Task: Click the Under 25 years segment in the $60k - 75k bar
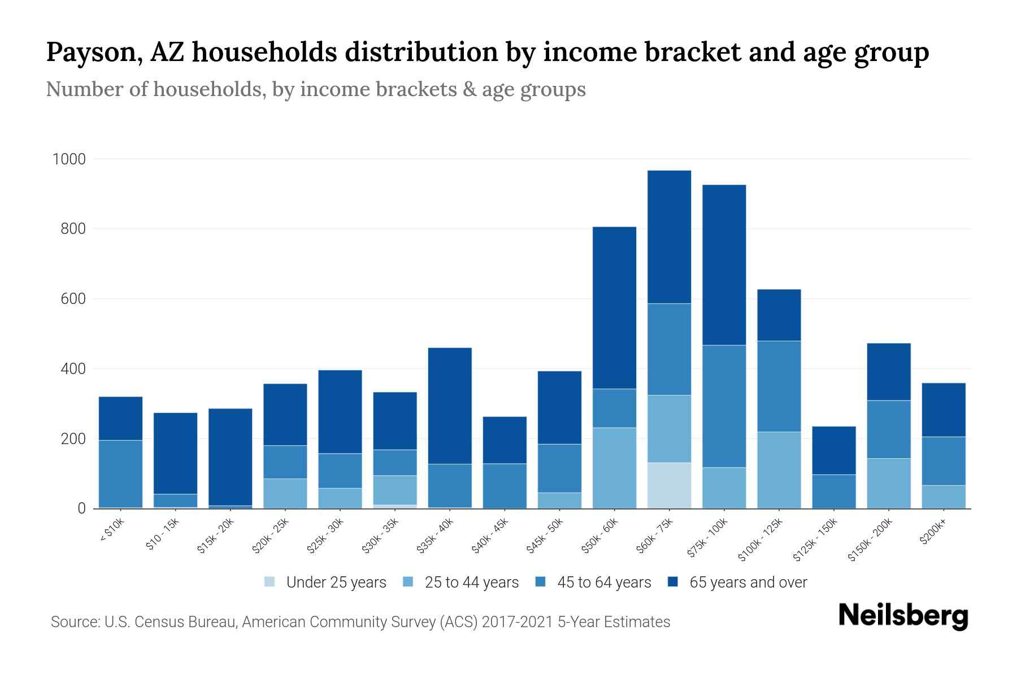[669, 485]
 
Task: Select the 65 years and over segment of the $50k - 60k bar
[614, 308]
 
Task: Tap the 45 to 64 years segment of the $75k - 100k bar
[724, 406]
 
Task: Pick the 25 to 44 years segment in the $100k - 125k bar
[779, 470]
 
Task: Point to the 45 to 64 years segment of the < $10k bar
[120, 473]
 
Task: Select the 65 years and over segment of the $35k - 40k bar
[450, 406]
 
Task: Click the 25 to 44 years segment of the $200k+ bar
[943, 497]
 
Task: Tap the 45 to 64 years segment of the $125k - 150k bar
[833, 491]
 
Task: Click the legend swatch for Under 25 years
[270, 582]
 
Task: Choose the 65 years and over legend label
[748, 583]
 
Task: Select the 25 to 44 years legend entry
[471, 583]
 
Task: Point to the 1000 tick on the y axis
[69, 159]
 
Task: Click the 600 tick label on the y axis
[73, 299]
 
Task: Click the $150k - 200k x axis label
[870, 540]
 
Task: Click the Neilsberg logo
[903, 615]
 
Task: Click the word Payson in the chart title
[93, 52]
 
